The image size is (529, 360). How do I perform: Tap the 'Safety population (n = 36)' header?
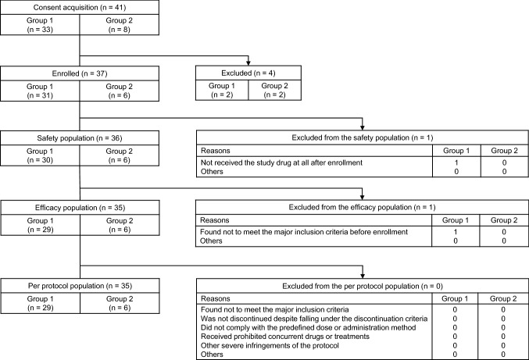point(48,138)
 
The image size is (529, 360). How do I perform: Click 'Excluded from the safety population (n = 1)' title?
point(361,138)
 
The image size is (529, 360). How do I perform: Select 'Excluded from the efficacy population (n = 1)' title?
point(361,209)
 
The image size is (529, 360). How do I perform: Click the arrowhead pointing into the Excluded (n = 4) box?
point(248,62)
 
